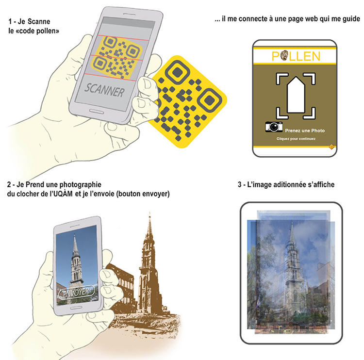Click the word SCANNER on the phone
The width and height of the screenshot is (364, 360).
[104, 90]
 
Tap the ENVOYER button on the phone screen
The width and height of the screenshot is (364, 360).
[76, 293]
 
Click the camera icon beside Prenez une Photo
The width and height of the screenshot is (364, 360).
[274, 127]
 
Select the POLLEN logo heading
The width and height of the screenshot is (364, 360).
[296, 56]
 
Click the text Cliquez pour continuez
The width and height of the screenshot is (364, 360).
[296, 139]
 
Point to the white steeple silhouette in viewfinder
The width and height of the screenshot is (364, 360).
[296, 95]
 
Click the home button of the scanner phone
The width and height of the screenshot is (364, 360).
[97, 112]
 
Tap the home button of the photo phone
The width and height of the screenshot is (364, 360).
[76, 308]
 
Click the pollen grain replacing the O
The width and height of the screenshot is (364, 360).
[284, 56]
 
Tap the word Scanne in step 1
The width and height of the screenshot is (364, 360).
[39, 21]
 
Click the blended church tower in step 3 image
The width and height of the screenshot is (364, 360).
[292, 274]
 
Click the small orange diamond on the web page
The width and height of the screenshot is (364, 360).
[331, 147]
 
